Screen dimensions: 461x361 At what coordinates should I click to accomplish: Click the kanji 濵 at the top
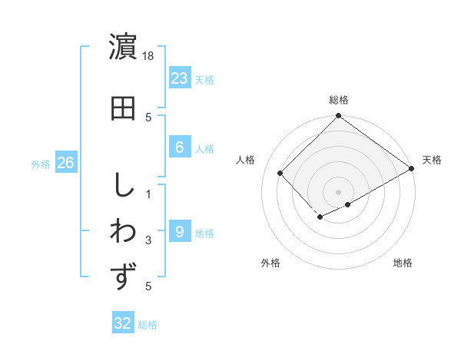point(124,48)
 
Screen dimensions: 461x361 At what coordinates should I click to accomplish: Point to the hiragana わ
point(124,230)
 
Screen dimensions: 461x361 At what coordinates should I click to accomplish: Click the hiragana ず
point(124,276)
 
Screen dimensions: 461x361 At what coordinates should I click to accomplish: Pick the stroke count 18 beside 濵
point(149,56)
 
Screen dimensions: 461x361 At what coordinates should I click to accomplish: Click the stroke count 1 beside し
point(149,193)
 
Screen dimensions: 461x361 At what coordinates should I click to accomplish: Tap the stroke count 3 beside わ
point(149,240)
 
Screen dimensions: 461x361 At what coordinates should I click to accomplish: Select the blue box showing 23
point(180,78)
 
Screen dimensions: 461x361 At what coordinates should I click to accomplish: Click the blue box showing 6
point(180,147)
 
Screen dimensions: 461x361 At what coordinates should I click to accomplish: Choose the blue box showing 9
point(180,231)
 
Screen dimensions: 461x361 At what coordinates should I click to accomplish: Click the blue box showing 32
point(123,323)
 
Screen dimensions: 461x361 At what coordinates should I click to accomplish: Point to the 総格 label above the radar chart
point(339,100)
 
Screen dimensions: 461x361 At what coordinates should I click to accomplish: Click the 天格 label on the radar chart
point(432,160)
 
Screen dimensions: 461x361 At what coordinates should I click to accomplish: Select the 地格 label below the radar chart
point(403,263)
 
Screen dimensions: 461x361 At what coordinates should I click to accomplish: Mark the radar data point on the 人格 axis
point(280,173)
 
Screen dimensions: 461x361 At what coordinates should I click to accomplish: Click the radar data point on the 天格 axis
point(412,168)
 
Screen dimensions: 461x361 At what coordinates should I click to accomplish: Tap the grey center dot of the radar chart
point(338,191)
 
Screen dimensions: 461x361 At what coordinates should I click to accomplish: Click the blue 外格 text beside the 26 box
point(41,164)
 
